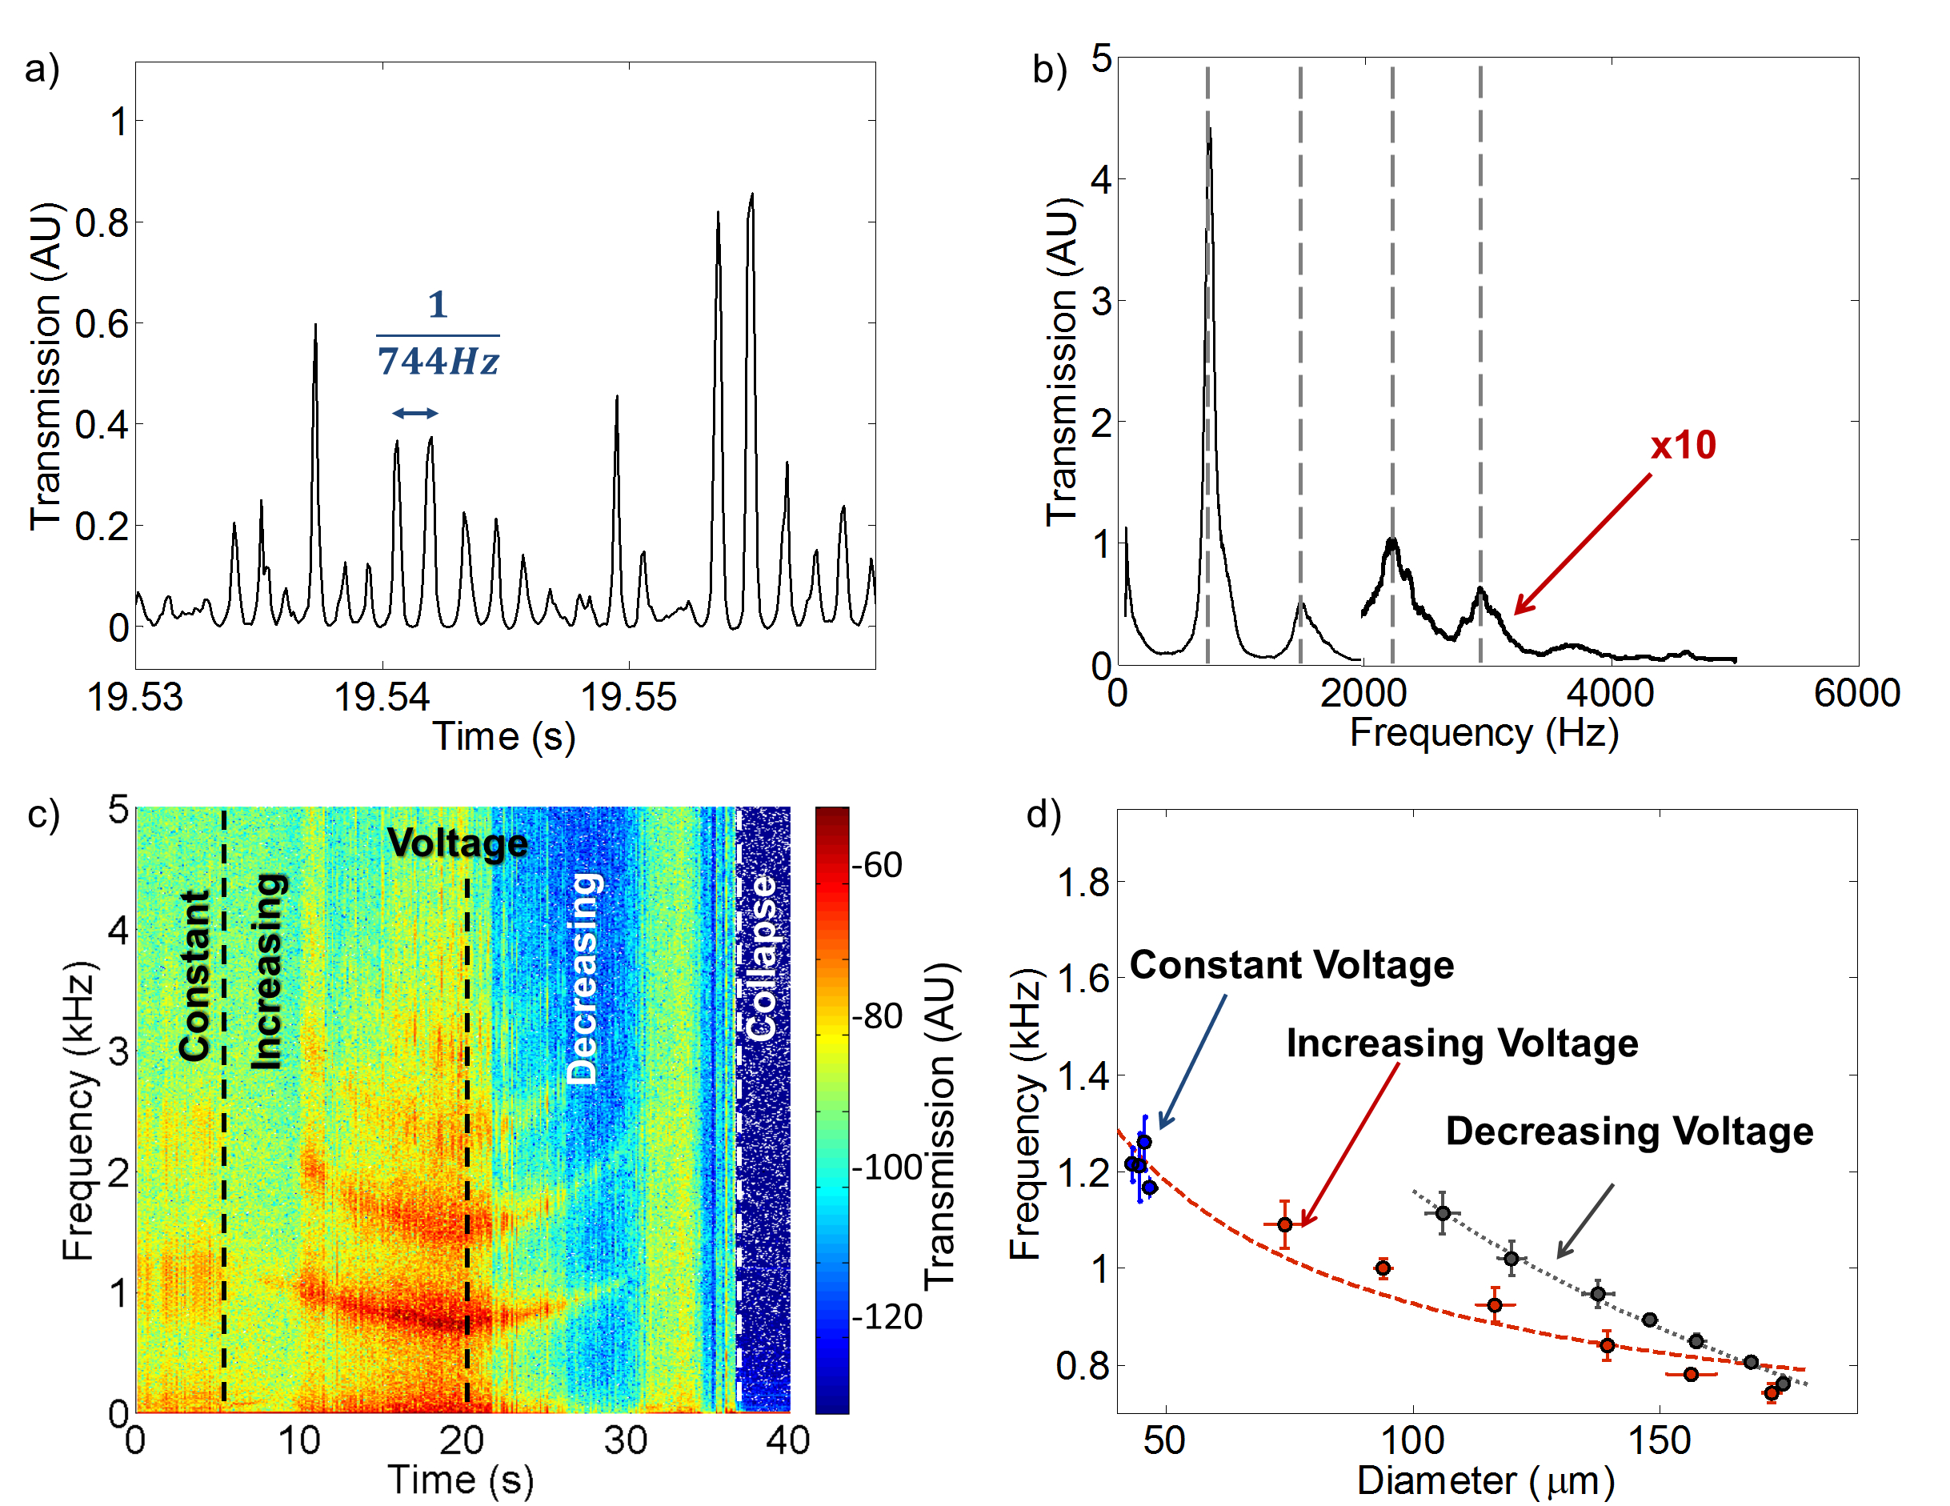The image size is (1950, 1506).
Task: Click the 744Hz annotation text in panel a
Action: click(x=438, y=362)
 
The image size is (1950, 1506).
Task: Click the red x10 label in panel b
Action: click(x=1683, y=446)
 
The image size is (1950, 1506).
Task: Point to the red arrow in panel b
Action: click(x=1582, y=543)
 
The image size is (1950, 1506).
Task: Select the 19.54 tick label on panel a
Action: click(x=382, y=697)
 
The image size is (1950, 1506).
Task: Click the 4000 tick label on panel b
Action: click(x=1611, y=694)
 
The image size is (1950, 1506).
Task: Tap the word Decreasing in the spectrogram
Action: click(x=583, y=979)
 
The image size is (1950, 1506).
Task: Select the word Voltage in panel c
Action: click(x=457, y=843)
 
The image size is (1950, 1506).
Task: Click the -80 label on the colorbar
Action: click(x=877, y=1016)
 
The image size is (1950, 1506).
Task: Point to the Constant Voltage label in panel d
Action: click(x=1291, y=965)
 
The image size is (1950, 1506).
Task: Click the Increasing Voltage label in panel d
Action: click(x=1462, y=1043)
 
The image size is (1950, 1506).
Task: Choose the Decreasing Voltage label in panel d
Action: click(x=1628, y=1131)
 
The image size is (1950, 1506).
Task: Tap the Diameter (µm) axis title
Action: click(x=1486, y=1480)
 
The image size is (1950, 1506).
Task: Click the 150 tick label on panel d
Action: click(x=1659, y=1440)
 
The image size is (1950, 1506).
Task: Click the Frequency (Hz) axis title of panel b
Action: click(x=1484, y=733)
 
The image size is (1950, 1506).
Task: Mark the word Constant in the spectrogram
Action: click(x=194, y=975)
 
